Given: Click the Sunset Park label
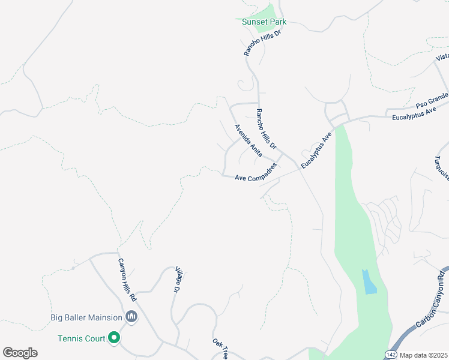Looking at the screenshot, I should pos(264,22).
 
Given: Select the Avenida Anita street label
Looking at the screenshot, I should pos(248,140).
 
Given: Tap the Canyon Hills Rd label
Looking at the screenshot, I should pos(128,280).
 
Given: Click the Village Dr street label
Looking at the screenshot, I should pos(178,280).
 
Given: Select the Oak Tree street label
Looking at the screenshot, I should pos(220,349).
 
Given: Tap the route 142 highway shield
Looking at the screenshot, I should pos(391,355).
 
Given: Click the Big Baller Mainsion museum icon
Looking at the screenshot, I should pos(132,317).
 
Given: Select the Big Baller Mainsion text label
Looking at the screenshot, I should pos(86,317).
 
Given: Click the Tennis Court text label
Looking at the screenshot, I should pos(82,338).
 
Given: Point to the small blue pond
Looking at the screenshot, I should pos(369,281).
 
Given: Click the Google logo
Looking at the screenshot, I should pos(20,353).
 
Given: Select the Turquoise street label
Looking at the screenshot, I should pos(441,167).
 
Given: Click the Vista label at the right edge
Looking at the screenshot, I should pos(442,57).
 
